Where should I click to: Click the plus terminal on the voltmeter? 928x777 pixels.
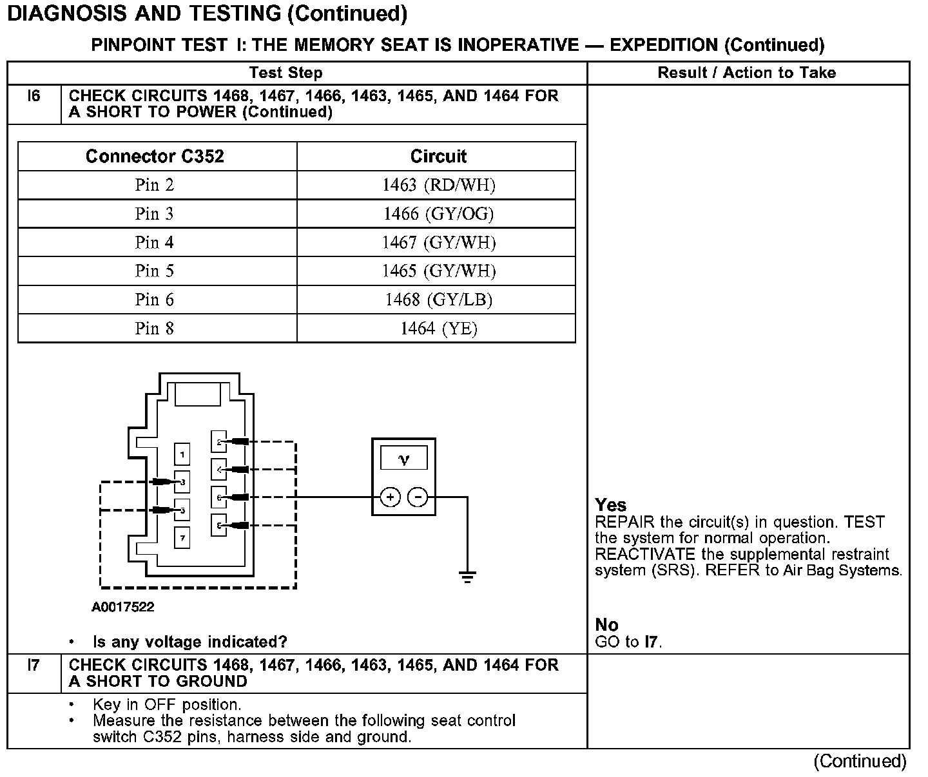click(x=391, y=497)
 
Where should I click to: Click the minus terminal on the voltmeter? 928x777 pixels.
click(x=418, y=497)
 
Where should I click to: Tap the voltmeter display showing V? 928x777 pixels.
click(x=403, y=459)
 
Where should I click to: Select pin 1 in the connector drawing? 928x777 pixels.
click(x=182, y=455)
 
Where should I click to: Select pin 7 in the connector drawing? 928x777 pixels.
click(x=182, y=537)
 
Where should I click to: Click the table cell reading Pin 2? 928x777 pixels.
click(x=155, y=186)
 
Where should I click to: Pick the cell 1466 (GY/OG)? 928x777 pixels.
click(x=438, y=214)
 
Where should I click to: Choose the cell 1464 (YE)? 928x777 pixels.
click(x=438, y=329)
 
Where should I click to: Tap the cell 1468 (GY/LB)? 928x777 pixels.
click(x=438, y=300)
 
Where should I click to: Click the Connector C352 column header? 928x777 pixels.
click(x=155, y=157)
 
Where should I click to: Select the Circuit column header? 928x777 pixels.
click(x=438, y=157)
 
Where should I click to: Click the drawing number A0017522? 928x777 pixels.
click(x=123, y=607)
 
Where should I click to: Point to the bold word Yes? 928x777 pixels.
click(x=610, y=505)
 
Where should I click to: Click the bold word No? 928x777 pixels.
click(x=606, y=625)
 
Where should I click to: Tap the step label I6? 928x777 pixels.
click(x=34, y=97)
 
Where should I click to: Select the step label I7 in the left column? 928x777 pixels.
click(x=34, y=665)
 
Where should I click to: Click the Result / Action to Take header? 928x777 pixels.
click(x=746, y=73)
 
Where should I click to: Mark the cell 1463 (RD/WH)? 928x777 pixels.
click(x=438, y=186)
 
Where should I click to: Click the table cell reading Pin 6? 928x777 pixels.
click(x=155, y=300)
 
